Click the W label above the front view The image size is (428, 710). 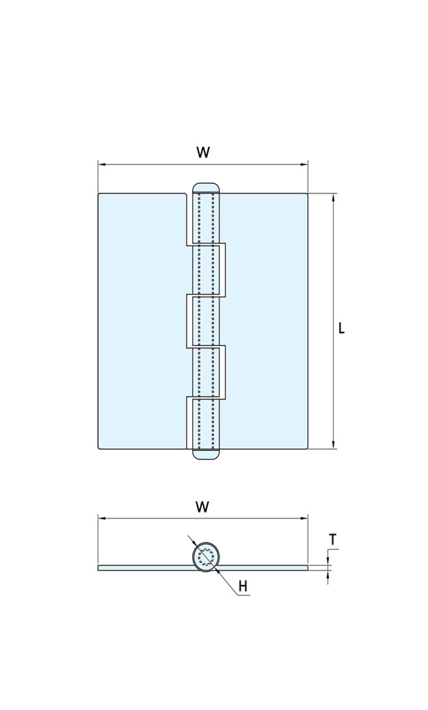(x=203, y=153)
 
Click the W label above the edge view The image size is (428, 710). (x=202, y=507)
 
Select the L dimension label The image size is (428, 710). (x=342, y=328)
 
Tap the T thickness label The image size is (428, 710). (x=332, y=540)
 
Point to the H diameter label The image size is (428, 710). (x=243, y=586)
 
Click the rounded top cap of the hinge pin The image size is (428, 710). (x=206, y=187)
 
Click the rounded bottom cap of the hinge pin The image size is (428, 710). (x=206, y=454)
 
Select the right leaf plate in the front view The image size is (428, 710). (x=267, y=321)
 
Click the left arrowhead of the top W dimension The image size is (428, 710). (x=101, y=164)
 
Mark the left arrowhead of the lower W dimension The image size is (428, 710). (x=101, y=518)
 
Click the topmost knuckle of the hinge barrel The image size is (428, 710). (x=206, y=218)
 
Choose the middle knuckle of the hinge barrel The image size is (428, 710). (x=206, y=321)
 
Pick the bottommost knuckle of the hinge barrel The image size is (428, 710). (x=206, y=423)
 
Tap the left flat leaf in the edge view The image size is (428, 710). (x=144, y=568)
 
